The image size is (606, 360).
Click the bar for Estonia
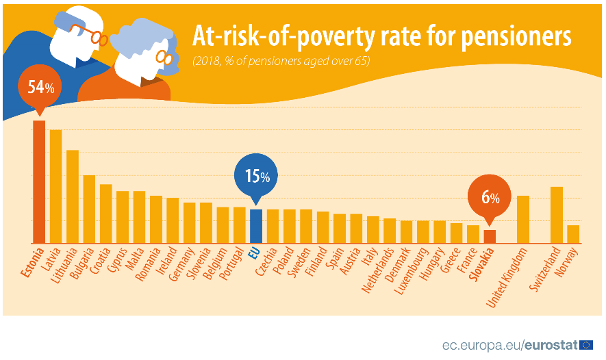tap(39, 182)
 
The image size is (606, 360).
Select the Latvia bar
tap(56, 186)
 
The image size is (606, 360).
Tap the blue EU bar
tap(256, 226)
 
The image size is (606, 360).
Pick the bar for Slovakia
tap(490, 236)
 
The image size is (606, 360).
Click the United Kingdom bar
tap(523, 219)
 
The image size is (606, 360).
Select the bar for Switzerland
tap(557, 215)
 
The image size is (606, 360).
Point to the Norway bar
tap(573, 234)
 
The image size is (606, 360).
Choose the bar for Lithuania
tap(73, 196)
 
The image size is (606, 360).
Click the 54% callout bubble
tap(40, 87)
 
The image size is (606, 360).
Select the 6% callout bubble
tap(490, 198)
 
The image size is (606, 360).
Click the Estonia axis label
tap(31, 263)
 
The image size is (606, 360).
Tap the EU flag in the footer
tap(586, 344)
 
